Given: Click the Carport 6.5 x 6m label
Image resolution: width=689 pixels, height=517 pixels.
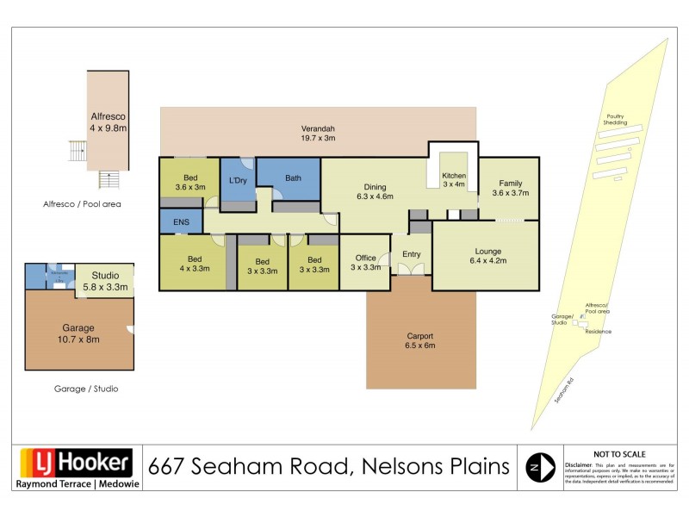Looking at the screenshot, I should (420, 340).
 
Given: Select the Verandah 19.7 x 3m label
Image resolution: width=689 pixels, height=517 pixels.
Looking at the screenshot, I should (318, 133).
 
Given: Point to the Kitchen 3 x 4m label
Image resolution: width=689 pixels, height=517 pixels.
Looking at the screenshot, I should (453, 179).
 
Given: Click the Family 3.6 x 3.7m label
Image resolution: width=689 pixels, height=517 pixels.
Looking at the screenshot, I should (509, 189).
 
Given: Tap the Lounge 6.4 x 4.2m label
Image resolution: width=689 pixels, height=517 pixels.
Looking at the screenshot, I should (487, 254).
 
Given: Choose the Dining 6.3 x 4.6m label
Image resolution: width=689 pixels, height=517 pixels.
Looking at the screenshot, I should (375, 191).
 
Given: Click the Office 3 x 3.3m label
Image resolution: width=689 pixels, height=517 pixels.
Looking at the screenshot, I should (366, 262).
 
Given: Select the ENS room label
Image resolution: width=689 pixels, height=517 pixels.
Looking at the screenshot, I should (181, 222).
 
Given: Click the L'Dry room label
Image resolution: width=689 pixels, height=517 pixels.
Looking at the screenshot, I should (238, 179).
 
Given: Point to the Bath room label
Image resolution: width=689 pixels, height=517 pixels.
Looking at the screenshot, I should (294, 178).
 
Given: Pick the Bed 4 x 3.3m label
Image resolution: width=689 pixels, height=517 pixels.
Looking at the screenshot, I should (194, 264).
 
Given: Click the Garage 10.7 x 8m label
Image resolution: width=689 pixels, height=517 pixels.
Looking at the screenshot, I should (79, 333).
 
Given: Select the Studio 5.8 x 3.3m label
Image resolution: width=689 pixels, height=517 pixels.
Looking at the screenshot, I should (104, 281).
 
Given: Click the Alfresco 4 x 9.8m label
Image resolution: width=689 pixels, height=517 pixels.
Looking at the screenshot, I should (109, 121).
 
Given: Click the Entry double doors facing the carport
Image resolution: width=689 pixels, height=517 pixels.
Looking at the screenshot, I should (411, 270).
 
